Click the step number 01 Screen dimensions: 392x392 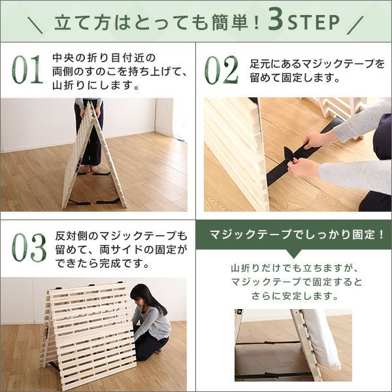[27, 69]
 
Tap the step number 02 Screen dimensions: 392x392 [221, 70]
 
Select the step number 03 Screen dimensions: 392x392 [29, 248]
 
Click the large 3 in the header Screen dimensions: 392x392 [276, 22]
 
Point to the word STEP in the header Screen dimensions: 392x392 [314, 22]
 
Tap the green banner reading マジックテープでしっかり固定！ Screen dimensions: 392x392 [294, 235]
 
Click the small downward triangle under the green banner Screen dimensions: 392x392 [294, 253]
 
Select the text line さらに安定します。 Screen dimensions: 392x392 [295, 296]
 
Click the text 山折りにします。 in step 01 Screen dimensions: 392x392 [96, 86]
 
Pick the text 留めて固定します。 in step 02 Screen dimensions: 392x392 [295, 78]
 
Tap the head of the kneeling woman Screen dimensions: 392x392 [142, 296]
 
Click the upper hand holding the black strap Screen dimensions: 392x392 [316, 139]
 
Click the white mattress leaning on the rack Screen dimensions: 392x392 [321, 339]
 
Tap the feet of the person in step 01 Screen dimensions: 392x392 [90, 169]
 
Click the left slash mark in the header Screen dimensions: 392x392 [35, 25]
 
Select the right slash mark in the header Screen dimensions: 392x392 [355, 25]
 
